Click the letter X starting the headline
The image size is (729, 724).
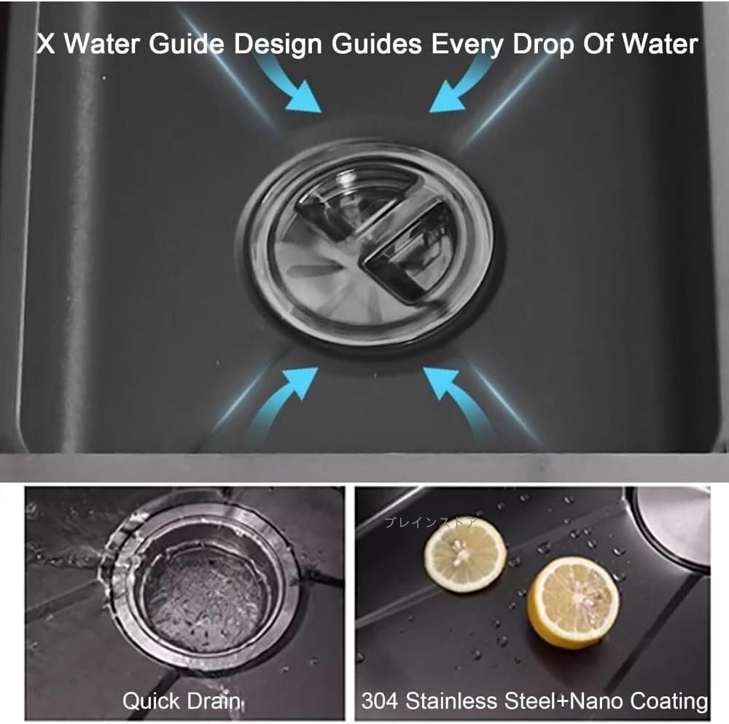pos(45,44)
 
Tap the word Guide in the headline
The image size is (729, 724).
pos(186,44)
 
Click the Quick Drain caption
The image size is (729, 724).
pos(182,701)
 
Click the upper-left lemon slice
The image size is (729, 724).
pos(465,555)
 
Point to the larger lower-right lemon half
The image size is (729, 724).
pos(573,603)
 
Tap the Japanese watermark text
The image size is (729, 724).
pos(431,523)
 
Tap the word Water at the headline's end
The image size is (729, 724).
pos(660,44)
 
